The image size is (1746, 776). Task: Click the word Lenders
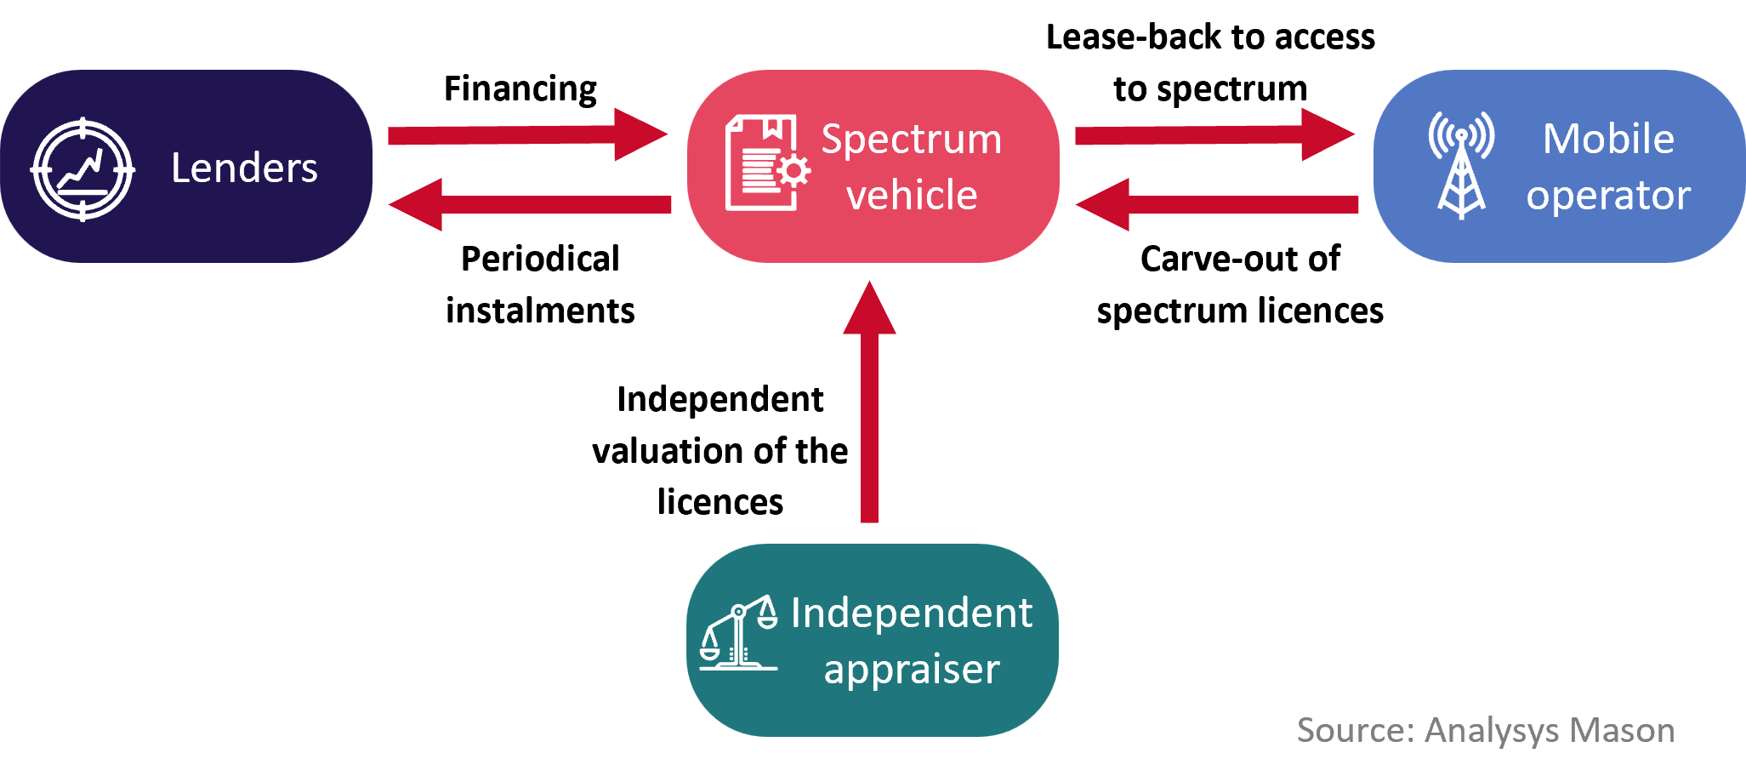244,168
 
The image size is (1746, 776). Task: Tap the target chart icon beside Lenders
82,168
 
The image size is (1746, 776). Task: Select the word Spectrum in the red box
911,140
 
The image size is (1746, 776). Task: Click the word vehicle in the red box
911,196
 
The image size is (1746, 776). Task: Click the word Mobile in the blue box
1607,139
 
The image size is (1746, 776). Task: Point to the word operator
1607,196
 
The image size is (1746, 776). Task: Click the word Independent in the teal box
911,613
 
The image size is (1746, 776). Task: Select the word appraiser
911,670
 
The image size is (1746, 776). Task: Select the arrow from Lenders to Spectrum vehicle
527,134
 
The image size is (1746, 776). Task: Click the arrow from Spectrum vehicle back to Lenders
527,204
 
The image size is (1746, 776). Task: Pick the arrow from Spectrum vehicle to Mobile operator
1214,134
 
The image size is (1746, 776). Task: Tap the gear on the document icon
793,171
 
